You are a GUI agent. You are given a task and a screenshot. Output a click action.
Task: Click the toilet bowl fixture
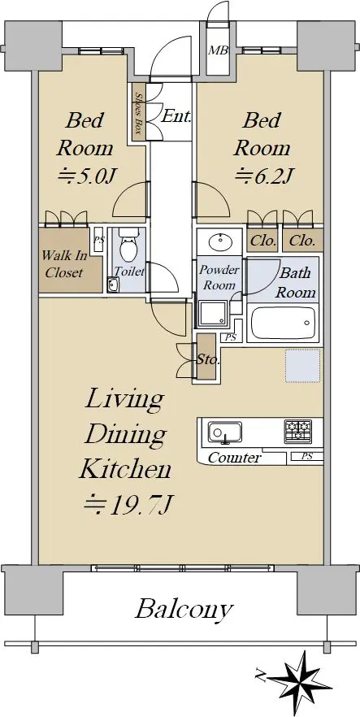pyautogui.click(x=127, y=245)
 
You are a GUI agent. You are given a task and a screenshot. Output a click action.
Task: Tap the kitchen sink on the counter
pyautogui.click(x=225, y=432)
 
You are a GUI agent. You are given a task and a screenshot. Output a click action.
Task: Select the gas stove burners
pyautogui.click(x=298, y=431)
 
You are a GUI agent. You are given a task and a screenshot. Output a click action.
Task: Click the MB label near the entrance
pyautogui.click(x=218, y=50)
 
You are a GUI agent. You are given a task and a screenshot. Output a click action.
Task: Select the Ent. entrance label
pyautogui.click(x=176, y=116)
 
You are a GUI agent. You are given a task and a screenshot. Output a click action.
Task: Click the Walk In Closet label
pyautogui.click(x=63, y=264)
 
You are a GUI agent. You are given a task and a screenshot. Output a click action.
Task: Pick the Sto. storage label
pyautogui.click(x=207, y=359)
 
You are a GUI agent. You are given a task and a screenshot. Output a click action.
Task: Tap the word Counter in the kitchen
pyautogui.click(x=235, y=457)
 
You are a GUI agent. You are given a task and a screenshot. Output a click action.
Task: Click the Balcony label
pyautogui.click(x=184, y=609)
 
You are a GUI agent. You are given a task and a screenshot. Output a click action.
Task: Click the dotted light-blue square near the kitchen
pyautogui.click(x=303, y=365)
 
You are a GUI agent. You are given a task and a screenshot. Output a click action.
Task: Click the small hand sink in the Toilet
pyautogui.click(x=112, y=285)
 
